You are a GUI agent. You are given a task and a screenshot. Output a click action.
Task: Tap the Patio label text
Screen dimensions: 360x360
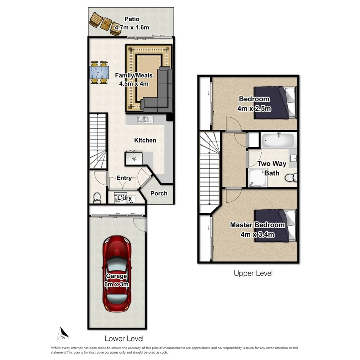click(x=132, y=19)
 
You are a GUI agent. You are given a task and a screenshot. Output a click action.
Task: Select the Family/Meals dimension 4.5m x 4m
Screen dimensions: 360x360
click(x=132, y=83)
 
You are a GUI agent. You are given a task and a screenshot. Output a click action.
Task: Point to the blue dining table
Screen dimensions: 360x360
click(x=99, y=73)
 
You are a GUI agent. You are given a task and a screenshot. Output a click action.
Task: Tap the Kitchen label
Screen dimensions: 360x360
click(x=145, y=140)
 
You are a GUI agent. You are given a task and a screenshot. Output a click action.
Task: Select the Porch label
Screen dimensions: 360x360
click(x=159, y=193)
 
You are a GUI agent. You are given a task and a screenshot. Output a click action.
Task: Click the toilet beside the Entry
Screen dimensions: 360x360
click(x=97, y=197)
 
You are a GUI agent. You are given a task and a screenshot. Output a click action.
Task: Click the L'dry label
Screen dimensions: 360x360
click(x=125, y=198)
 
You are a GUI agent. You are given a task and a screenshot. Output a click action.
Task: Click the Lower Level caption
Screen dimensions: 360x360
click(x=124, y=339)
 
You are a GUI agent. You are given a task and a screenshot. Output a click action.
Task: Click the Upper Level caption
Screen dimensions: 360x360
click(x=253, y=273)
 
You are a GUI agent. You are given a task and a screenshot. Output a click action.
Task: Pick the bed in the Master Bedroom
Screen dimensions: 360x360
click(x=276, y=226)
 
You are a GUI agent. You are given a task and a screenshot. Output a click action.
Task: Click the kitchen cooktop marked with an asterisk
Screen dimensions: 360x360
click(x=134, y=158)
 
